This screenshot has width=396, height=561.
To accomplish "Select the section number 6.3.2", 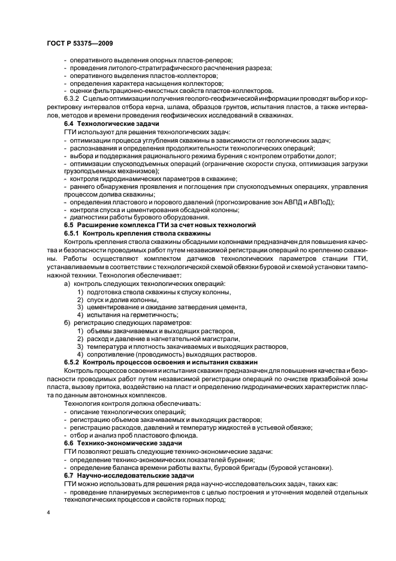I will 71,98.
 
